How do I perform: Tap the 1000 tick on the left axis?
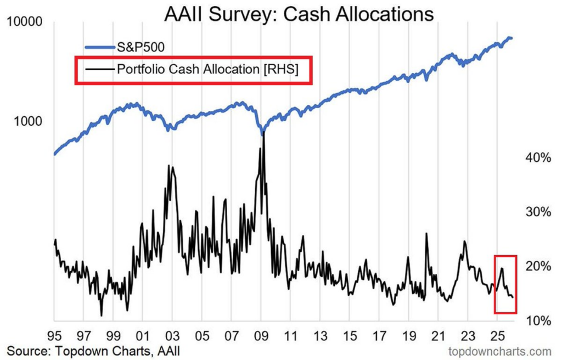click(30, 121)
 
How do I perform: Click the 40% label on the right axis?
click(537, 157)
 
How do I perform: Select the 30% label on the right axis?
click(537, 212)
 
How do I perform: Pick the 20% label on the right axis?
click(537, 266)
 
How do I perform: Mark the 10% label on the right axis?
click(537, 320)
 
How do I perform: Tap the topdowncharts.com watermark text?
click(500, 351)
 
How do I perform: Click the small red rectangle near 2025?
click(505, 284)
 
